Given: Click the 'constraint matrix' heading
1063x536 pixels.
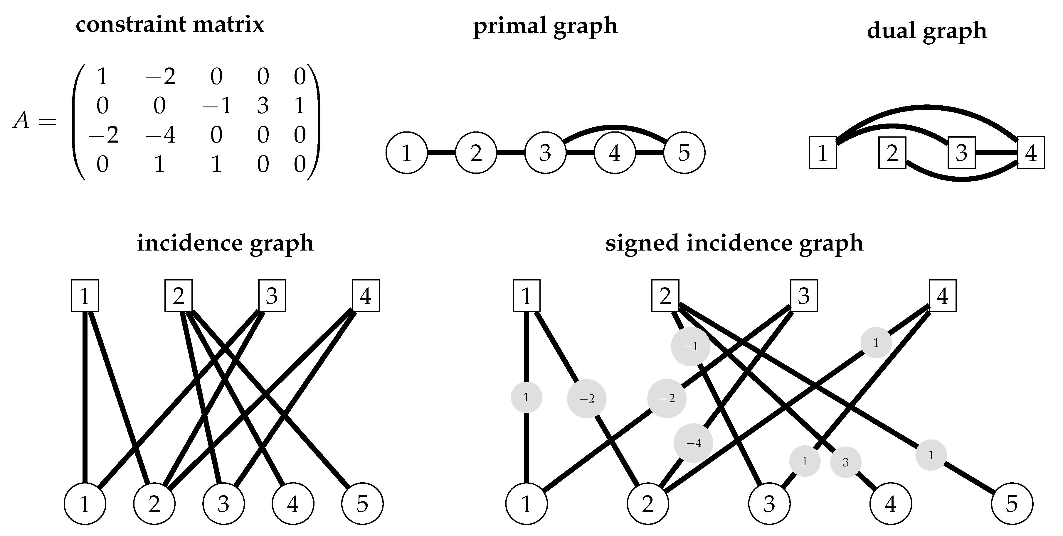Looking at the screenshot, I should point(170,25).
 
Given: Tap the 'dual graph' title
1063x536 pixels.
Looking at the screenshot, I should point(926,31).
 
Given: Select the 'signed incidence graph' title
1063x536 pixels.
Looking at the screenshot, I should point(734,243).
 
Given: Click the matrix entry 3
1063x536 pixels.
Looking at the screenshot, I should point(263,106).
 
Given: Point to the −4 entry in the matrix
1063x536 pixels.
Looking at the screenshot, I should point(161,135).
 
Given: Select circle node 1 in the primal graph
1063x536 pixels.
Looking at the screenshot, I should point(406,153).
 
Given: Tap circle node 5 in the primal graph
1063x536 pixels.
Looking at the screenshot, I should point(684,153).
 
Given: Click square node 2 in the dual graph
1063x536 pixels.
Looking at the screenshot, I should point(892,153).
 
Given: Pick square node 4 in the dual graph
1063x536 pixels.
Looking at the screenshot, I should point(1031,153).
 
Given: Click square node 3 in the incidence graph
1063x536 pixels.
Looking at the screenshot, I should point(272,296).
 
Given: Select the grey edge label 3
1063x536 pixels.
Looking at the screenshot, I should point(845,462).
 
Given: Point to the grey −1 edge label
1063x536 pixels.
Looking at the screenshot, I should point(690,346).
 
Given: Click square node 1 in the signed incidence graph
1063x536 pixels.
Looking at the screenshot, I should point(526,296).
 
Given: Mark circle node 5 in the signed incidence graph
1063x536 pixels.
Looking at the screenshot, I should point(1012,503).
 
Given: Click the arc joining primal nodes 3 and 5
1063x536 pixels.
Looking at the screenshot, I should point(615,126).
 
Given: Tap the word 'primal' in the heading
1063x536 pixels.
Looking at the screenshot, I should point(510,26).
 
